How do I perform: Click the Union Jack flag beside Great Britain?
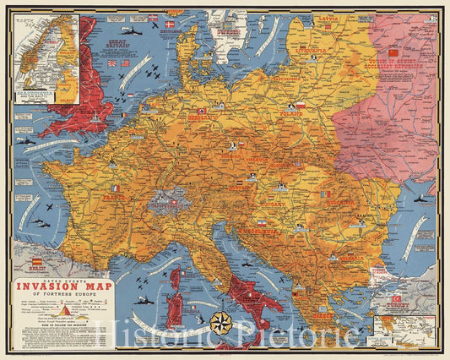pyautogui.click(x=111, y=63)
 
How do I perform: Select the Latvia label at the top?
pyautogui.click(x=324, y=17)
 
